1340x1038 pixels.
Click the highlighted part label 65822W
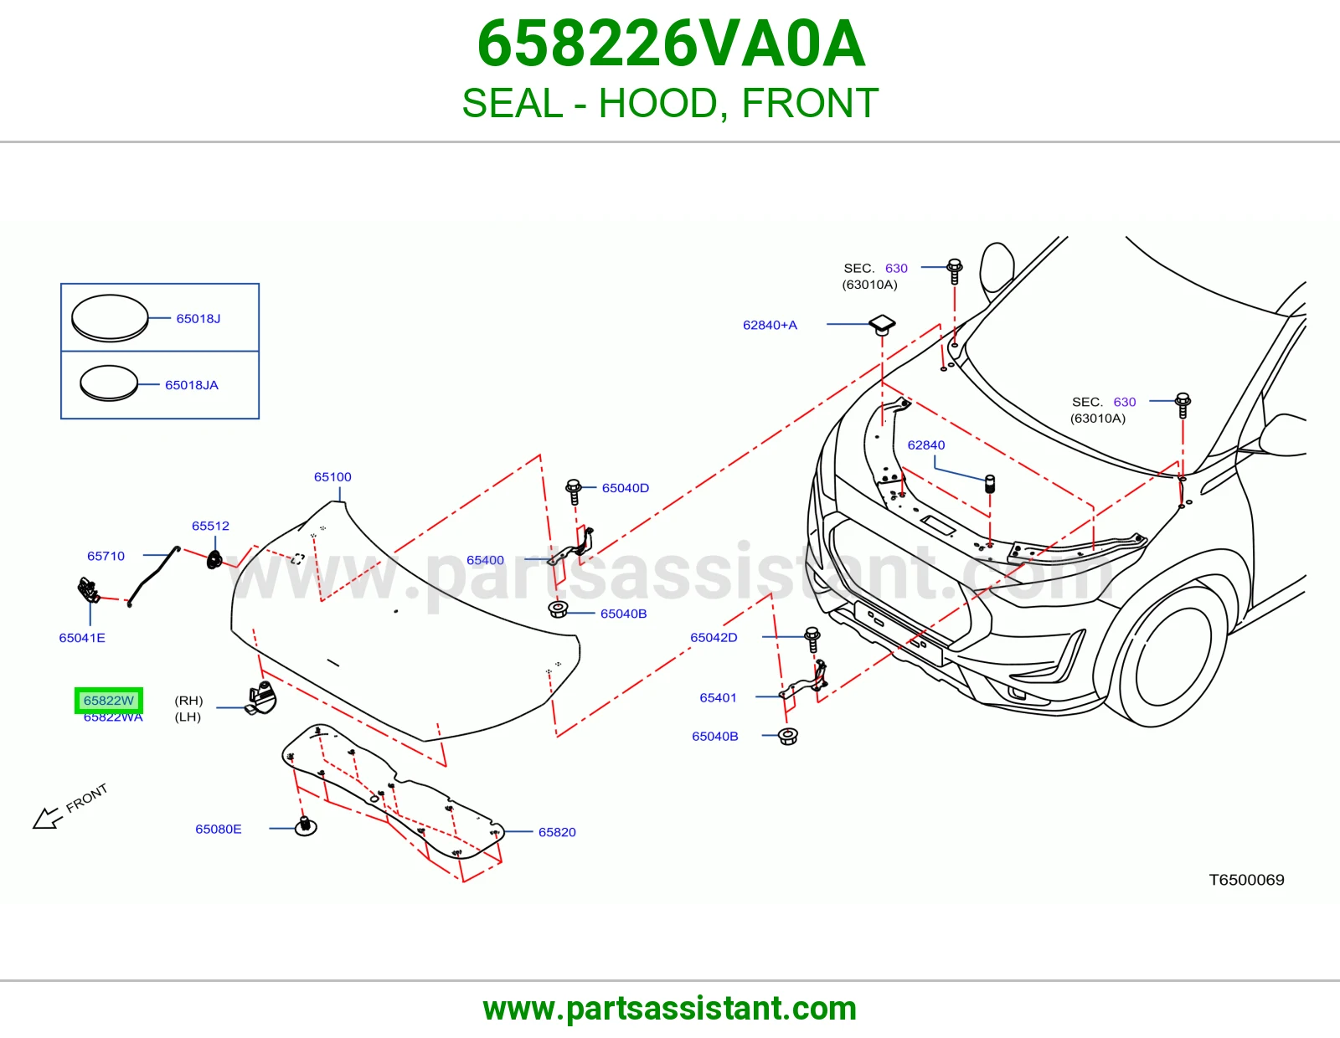point(109,700)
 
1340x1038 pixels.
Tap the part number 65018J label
point(198,319)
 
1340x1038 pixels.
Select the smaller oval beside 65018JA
point(109,383)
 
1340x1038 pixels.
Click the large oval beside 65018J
point(110,317)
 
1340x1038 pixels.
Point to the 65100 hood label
point(332,476)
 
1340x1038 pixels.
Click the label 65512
point(210,526)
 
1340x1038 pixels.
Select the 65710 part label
point(106,556)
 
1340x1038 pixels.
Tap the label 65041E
point(82,638)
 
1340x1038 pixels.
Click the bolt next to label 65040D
point(574,491)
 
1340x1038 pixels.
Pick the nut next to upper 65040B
point(558,609)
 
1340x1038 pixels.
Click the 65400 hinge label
point(485,560)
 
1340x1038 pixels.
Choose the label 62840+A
point(770,325)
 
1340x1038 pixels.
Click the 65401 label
point(718,698)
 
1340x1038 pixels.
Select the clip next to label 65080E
point(305,826)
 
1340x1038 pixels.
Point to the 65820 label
point(557,832)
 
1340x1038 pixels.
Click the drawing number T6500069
point(1246,880)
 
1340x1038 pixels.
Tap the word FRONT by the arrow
point(86,799)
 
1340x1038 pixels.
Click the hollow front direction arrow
point(48,819)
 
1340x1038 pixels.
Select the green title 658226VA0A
point(671,44)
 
